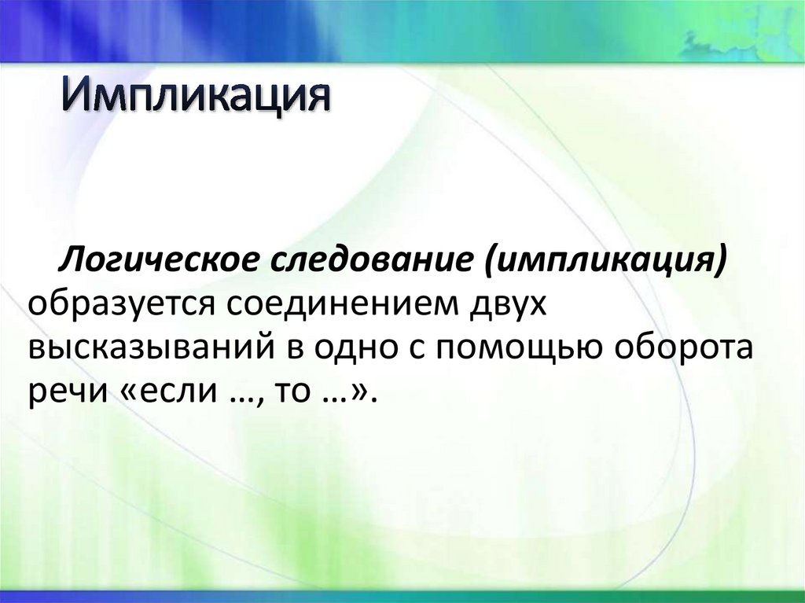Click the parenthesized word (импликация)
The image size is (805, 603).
605,260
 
